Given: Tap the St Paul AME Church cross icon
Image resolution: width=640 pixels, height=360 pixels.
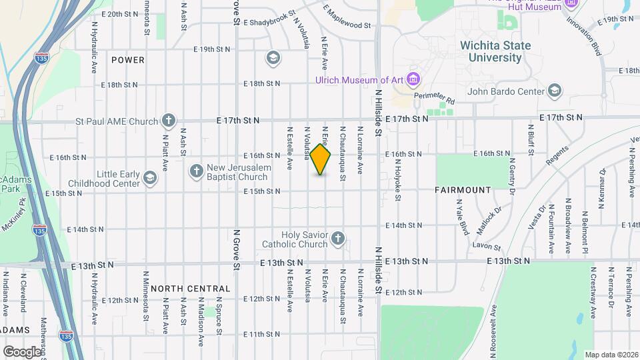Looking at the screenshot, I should pyautogui.click(x=169, y=121).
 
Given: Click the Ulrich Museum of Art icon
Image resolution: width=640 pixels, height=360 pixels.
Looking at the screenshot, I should pyautogui.click(x=413, y=80).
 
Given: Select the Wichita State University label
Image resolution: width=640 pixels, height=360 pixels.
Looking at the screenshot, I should pyautogui.click(x=495, y=51).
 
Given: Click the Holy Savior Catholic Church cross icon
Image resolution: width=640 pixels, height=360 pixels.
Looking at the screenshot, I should pyautogui.click(x=338, y=239).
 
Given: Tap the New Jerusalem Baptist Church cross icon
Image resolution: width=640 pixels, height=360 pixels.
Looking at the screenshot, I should pyautogui.click(x=196, y=171).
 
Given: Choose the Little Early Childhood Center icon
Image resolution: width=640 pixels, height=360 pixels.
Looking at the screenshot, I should pyautogui.click(x=149, y=177).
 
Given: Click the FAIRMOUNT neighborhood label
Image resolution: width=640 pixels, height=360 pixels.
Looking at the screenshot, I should pyautogui.click(x=463, y=190).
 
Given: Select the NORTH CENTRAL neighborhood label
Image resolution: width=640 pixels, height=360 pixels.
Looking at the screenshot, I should pyautogui.click(x=190, y=289).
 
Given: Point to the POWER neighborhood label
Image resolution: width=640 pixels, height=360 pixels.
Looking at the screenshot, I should pyautogui.click(x=128, y=60).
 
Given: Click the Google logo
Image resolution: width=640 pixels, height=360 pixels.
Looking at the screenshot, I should pyautogui.click(x=21, y=351).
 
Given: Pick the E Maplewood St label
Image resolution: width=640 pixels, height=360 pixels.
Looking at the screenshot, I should pyautogui.click(x=347, y=18).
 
